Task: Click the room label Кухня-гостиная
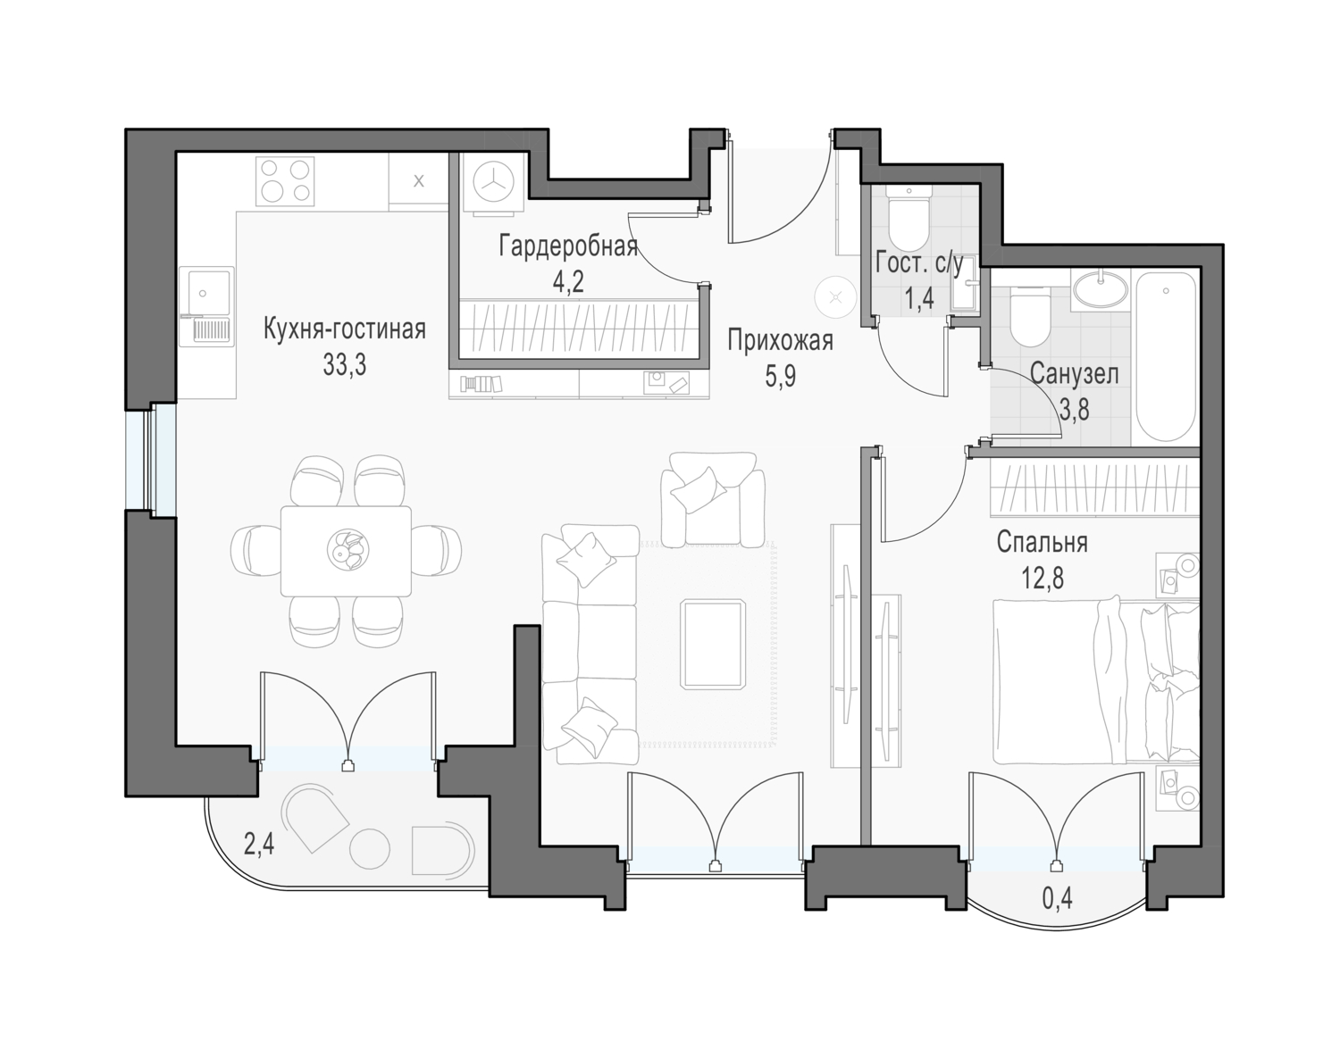(x=344, y=329)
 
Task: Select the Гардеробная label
(x=568, y=246)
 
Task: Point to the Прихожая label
(x=780, y=341)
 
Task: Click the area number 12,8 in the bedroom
(x=1043, y=579)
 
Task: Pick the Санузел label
(x=1074, y=374)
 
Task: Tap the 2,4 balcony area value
(x=258, y=845)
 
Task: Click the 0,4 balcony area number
(x=1058, y=899)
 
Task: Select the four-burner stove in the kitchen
(x=285, y=181)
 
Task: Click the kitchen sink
(x=207, y=306)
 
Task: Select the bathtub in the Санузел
(x=1166, y=358)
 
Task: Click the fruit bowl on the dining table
(x=348, y=550)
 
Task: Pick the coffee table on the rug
(x=713, y=644)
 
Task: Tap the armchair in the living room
(x=713, y=499)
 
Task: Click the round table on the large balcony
(x=370, y=849)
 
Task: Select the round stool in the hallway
(x=835, y=296)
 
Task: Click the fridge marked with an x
(x=419, y=181)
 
